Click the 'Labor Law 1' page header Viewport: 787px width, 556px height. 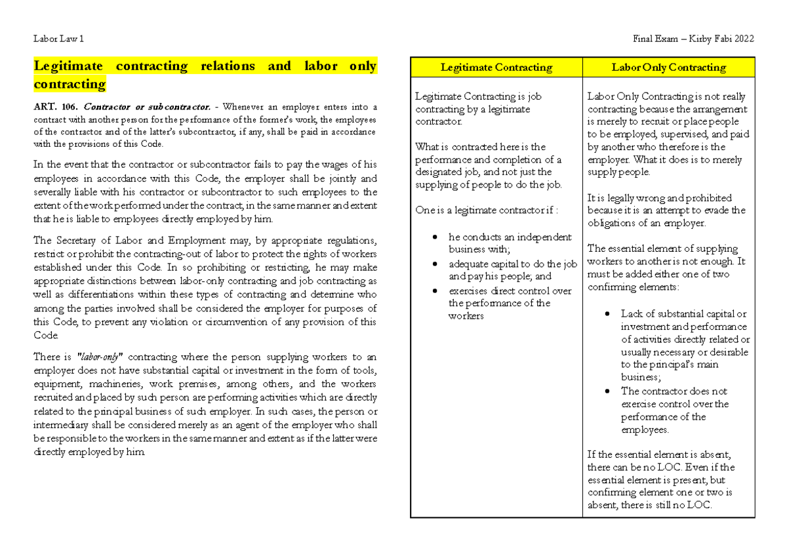[x=58, y=39]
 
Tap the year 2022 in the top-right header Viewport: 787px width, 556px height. [x=743, y=39]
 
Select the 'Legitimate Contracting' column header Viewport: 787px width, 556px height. [x=496, y=68]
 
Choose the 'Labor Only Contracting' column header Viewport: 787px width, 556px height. [x=668, y=68]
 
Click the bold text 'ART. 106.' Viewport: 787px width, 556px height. [x=56, y=107]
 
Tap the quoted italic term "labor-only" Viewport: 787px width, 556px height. [x=100, y=357]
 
